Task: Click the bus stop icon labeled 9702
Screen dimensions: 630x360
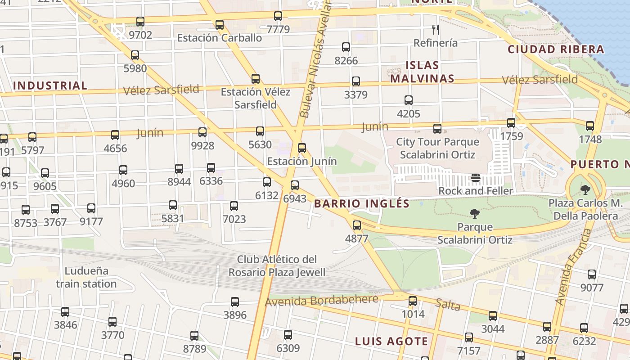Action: pos(140,21)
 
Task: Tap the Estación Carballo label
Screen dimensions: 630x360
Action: pos(220,38)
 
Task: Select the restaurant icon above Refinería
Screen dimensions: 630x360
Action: pos(435,30)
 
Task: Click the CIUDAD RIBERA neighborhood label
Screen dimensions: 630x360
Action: pos(556,49)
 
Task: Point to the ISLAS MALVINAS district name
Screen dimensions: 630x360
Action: pos(422,72)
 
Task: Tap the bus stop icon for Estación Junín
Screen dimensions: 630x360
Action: pos(302,148)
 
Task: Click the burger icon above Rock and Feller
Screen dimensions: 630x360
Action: pos(476,178)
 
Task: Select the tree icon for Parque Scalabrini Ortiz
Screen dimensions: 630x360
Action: pos(474,214)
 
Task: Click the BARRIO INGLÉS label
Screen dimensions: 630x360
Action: pos(362,203)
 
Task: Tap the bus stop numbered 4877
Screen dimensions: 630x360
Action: pos(357,225)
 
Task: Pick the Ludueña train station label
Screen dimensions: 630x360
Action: pos(86,277)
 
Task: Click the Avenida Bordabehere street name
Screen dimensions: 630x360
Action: pos(321,301)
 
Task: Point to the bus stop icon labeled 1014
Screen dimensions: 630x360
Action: pos(413,301)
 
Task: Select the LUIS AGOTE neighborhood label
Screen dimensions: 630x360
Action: pos(391,341)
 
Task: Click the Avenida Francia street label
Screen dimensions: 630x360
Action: pos(573,266)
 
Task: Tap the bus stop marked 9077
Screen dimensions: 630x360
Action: pos(592,274)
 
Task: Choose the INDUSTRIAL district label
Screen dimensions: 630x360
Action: pos(50,85)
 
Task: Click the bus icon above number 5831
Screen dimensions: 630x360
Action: pos(173,205)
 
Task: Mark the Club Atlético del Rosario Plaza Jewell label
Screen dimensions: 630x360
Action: pos(277,265)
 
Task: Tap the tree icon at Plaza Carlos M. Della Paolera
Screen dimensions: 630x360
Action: pos(585,189)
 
